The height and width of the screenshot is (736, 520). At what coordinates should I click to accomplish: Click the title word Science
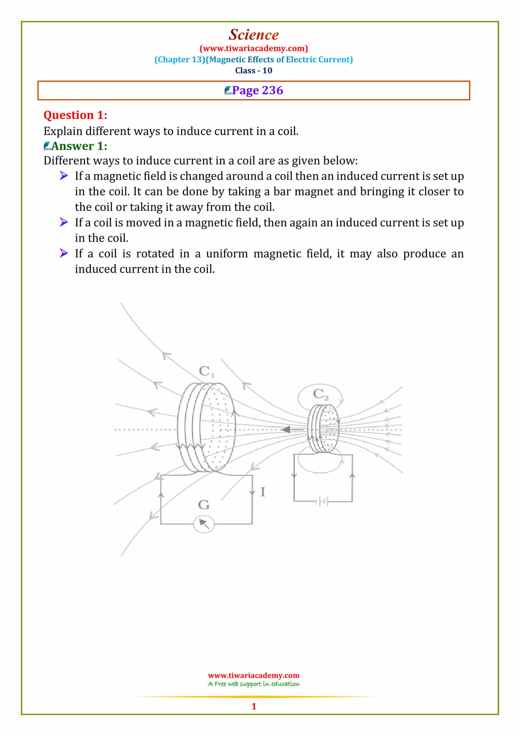click(x=253, y=35)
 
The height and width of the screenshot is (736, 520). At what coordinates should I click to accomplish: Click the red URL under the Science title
click(x=254, y=48)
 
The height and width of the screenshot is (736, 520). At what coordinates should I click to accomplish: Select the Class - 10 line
click(x=254, y=70)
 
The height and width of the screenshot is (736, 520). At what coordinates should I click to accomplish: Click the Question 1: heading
click(x=75, y=115)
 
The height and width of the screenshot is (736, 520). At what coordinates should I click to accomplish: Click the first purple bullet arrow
click(x=64, y=176)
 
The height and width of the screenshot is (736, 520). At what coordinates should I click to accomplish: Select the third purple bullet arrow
click(x=64, y=253)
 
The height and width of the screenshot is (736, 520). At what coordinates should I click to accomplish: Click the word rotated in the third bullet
click(x=155, y=254)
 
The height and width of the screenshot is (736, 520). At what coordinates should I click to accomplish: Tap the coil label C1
click(x=206, y=371)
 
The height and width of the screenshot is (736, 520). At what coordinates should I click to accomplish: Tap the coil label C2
click(x=320, y=394)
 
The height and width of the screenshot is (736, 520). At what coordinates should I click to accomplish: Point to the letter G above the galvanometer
click(x=204, y=505)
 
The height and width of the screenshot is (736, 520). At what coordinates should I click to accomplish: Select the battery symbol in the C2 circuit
click(x=322, y=501)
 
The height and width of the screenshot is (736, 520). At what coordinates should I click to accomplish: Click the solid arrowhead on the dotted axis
click(x=286, y=430)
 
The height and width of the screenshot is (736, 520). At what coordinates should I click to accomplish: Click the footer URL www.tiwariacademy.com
click(x=254, y=675)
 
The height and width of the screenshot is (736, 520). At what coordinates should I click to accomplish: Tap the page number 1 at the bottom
click(x=254, y=706)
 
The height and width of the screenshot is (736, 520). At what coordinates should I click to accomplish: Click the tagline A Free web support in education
click(x=254, y=684)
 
